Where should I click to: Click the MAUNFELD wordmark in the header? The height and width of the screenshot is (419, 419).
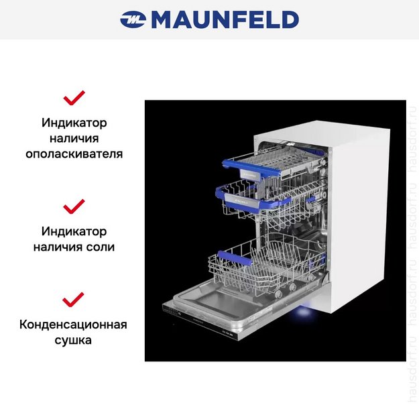tap(225, 19)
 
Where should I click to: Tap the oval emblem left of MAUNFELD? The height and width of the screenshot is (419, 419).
tap(133, 20)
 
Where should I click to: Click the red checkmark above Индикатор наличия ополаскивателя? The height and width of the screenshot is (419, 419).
tap(74, 98)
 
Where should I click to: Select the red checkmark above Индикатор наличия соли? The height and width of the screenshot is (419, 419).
tap(74, 205)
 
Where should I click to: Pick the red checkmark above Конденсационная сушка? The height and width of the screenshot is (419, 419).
tap(74, 298)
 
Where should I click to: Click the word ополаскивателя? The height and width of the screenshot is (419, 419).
tap(74, 153)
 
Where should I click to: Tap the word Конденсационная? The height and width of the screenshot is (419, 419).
tap(74, 325)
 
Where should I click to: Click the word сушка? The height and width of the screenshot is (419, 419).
tap(74, 340)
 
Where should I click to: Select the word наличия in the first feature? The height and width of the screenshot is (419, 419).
tap(74, 138)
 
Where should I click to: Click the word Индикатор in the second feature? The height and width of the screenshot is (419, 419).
tap(74, 231)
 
